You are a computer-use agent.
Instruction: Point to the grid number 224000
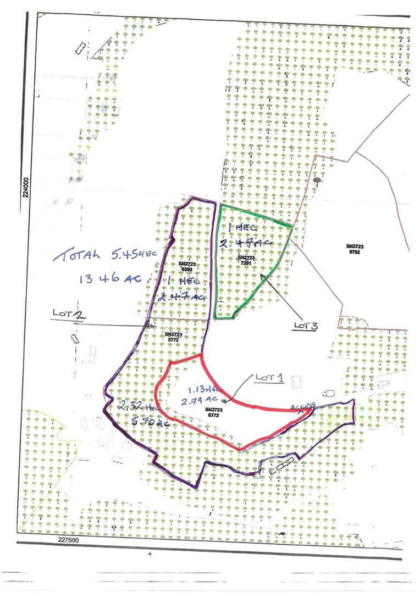(25, 193)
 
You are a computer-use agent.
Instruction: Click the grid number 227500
(70, 540)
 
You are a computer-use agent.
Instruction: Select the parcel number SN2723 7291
(246, 260)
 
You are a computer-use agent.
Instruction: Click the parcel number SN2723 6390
(187, 266)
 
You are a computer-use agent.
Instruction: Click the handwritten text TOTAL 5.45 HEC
(102, 255)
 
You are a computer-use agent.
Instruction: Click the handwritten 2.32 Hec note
(135, 407)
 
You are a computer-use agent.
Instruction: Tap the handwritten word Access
(302, 406)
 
